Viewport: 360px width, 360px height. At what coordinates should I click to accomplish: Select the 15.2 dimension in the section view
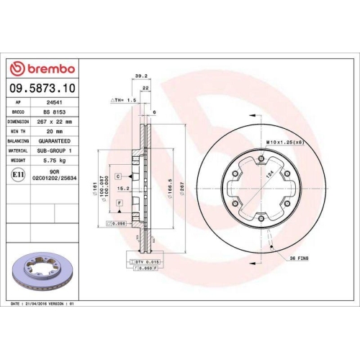(x=125, y=189)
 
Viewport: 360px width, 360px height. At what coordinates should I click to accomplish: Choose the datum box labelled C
(x=117, y=176)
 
